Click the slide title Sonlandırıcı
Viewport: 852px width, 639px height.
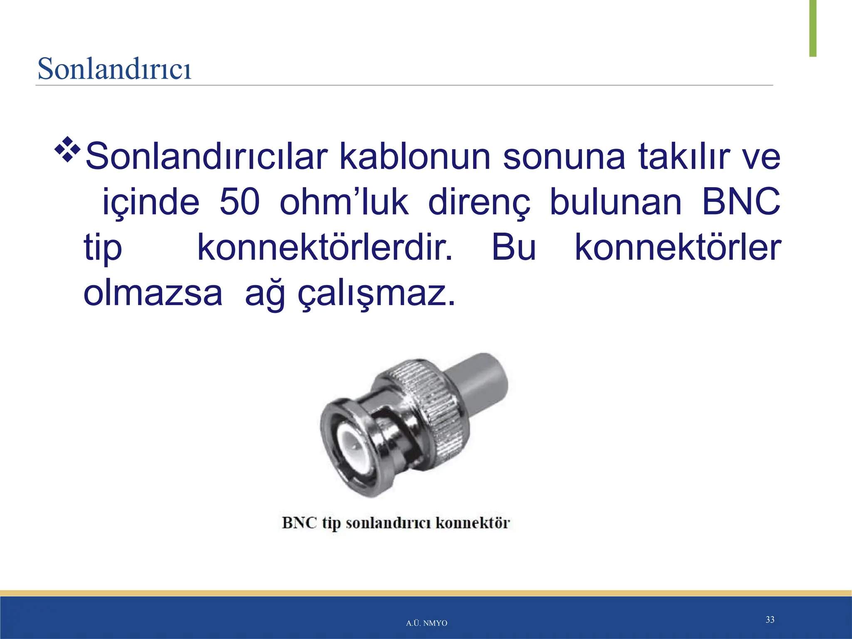(x=114, y=69)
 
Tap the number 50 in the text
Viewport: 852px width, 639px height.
(x=240, y=202)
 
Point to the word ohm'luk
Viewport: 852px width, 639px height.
(x=344, y=202)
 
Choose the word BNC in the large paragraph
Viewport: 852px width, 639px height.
(x=741, y=202)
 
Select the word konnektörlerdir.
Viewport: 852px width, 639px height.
(x=324, y=248)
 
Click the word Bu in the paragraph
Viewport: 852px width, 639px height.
(x=514, y=248)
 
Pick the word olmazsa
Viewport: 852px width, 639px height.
(x=153, y=294)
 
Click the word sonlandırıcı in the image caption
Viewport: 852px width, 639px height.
(x=390, y=523)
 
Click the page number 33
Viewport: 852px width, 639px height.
(x=770, y=620)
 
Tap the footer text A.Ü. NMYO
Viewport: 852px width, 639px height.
(x=426, y=623)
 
